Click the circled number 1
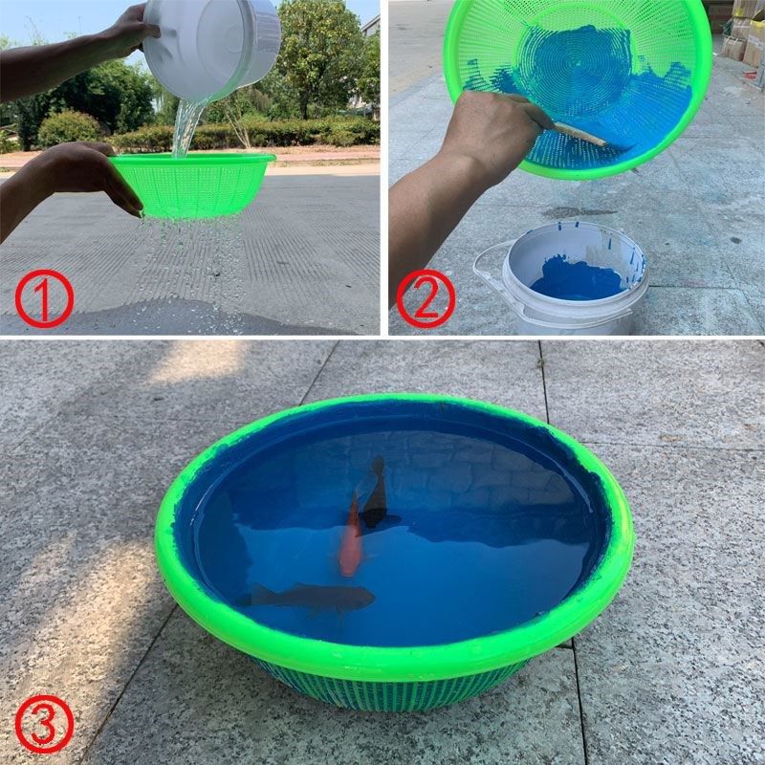click(43, 297)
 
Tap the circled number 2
click(425, 298)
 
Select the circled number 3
click(43, 726)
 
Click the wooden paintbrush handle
click(578, 134)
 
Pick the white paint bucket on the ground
click(574, 277)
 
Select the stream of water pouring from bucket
click(184, 129)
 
